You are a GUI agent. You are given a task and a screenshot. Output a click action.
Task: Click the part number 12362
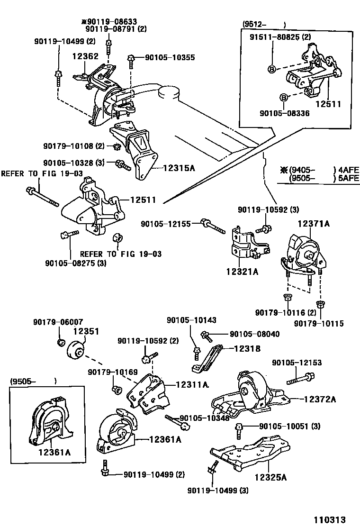coord(85,56)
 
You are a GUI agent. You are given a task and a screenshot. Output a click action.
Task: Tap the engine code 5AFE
coord(348,179)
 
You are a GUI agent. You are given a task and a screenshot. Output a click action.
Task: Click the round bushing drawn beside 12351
coord(75,351)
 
